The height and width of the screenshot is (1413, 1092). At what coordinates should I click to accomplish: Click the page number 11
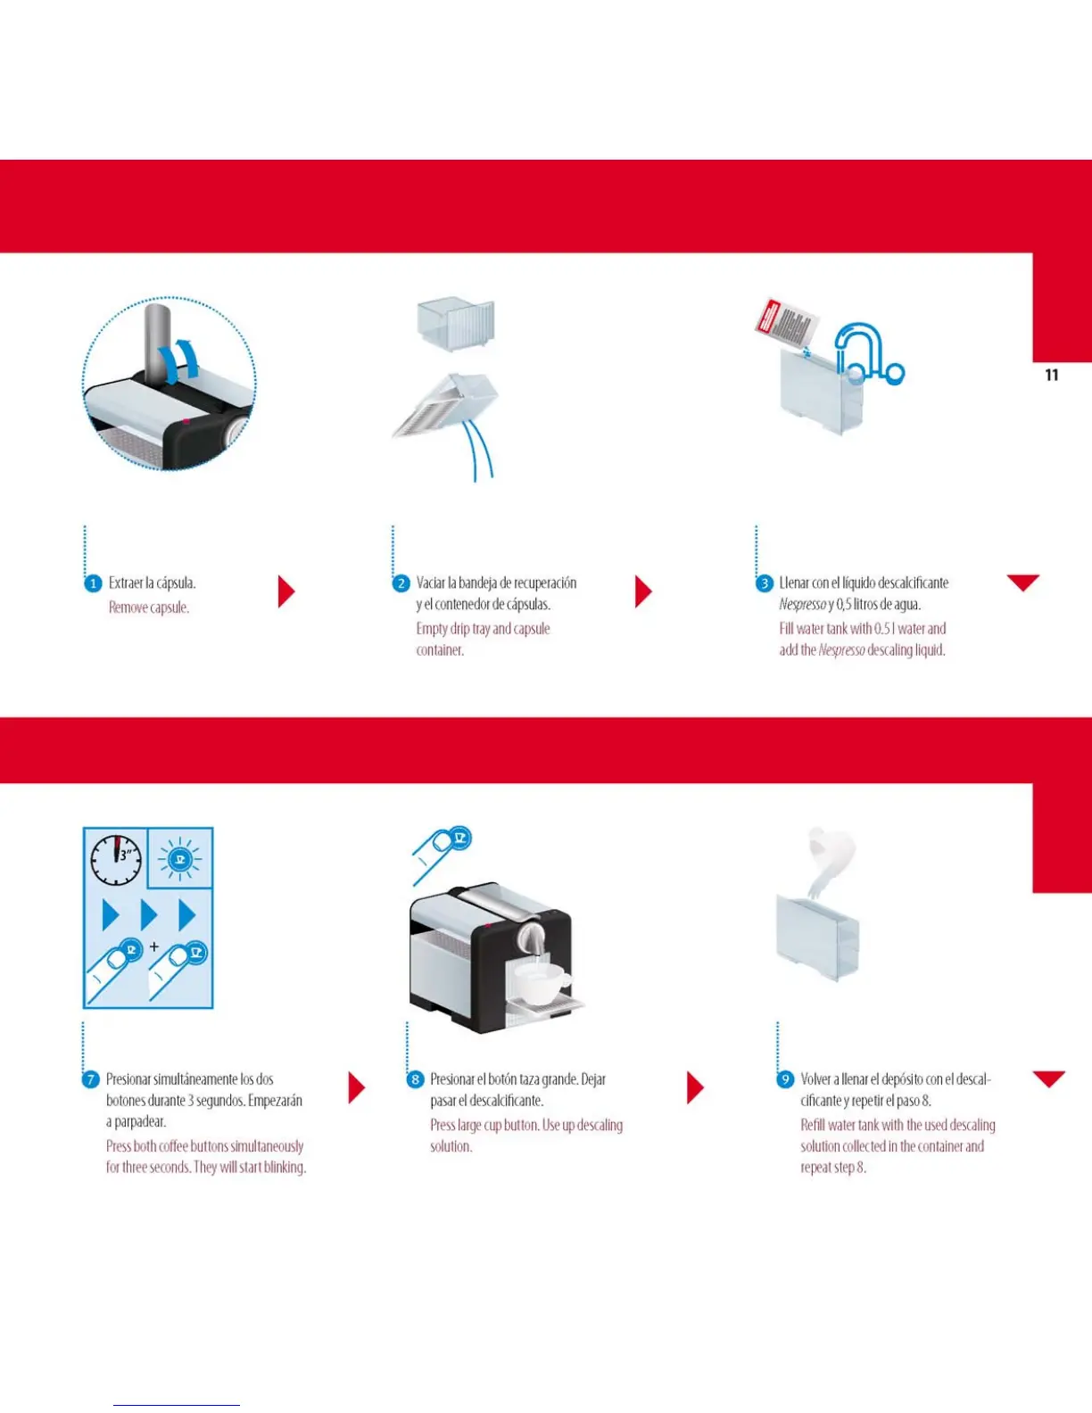pyautogui.click(x=1052, y=376)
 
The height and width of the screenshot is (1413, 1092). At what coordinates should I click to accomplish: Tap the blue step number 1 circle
pyautogui.click(x=93, y=583)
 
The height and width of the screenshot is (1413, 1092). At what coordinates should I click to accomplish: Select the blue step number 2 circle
pyautogui.click(x=401, y=583)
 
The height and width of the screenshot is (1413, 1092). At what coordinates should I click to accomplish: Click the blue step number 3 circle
pyautogui.click(x=764, y=583)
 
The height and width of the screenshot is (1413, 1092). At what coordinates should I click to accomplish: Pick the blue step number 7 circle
pyautogui.click(x=90, y=1079)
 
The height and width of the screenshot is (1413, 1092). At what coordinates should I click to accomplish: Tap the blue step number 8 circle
pyautogui.click(x=415, y=1079)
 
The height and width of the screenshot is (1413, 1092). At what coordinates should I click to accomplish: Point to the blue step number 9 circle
pyautogui.click(x=785, y=1079)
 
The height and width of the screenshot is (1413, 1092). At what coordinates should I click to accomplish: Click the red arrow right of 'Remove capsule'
pyautogui.click(x=285, y=591)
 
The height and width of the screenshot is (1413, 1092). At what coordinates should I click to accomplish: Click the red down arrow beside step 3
pyautogui.click(x=1022, y=583)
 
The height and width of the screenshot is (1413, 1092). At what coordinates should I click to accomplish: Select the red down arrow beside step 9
pyautogui.click(x=1048, y=1078)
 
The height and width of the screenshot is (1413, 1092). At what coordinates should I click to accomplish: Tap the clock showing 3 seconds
pyautogui.click(x=116, y=859)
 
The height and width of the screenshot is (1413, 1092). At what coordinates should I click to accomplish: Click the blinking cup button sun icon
pyautogui.click(x=180, y=859)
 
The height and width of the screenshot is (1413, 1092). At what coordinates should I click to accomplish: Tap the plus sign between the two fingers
pyautogui.click(x=154, y=946)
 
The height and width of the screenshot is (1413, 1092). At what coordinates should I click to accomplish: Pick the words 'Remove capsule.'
pyautogui.click(x=149, y=607)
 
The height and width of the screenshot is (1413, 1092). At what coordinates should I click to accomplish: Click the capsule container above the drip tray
pyautogui.click(x=456, y=324)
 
